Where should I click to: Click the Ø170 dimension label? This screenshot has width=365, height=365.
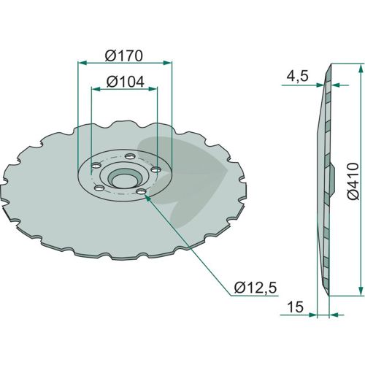tap(123, 55)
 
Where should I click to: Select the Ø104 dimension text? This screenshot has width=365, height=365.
tap(126, 82)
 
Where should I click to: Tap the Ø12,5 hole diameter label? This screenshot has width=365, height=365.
tap(255, 288)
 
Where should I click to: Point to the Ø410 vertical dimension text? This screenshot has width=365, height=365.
tap(353, 181)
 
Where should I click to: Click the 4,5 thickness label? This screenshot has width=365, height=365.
tap(297, 77)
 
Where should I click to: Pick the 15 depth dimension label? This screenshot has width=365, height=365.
tap(295, 307)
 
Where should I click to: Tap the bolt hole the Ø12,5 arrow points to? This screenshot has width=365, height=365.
tap(141, 192)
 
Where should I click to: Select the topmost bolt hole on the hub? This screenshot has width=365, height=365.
tap(130, 155)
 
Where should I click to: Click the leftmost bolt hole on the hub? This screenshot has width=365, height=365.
tap(96, 166)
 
